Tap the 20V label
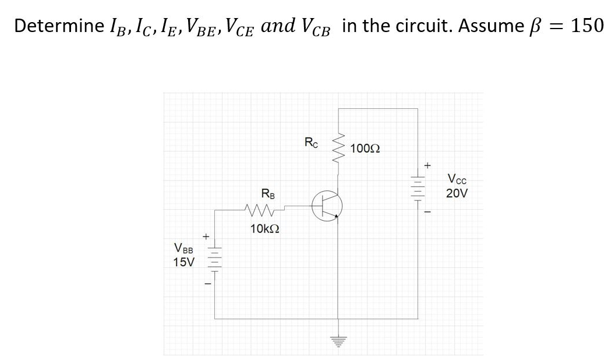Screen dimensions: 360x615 coord(457,193)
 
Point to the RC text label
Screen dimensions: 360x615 coord(312,142)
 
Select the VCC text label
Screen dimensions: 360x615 coord(457,179)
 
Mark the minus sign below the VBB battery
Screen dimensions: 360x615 coord(206,284)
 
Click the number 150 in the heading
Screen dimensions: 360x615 coord(587,26)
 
